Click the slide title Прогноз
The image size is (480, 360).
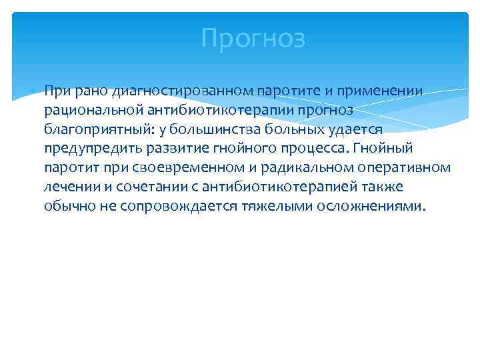[253, 39]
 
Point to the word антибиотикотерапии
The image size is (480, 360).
[223, 109]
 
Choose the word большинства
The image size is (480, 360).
[233, 129]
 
